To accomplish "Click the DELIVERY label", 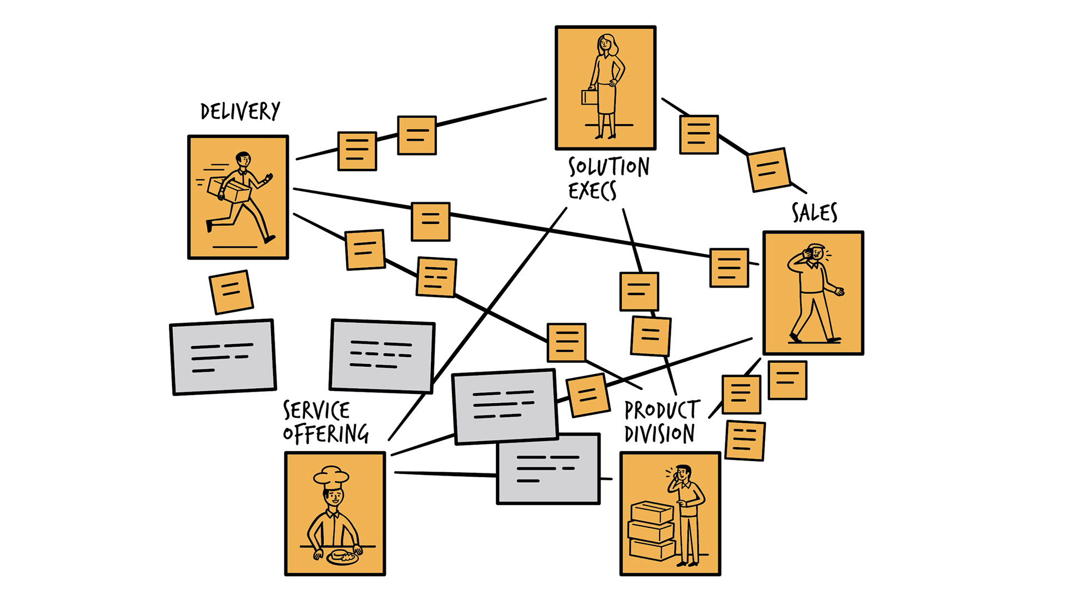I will [x=240, y=112].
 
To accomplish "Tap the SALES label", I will [x=814, y=213].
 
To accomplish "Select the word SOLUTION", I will [x=609, y=167].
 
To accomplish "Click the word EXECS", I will [x=592, y=191].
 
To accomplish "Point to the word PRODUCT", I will [x=662, y=411].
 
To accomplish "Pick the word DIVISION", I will [x=660, y=434].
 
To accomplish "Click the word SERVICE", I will [x=316, y=411].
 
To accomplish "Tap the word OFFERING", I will [x=326, y=434].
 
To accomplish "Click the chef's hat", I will [x=331, y=477].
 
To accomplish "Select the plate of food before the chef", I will [x=342, y=557].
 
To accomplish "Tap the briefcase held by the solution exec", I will [x=589, y=98].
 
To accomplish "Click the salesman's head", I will [x=816, y=252].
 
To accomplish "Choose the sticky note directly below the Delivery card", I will [x=231, y=292].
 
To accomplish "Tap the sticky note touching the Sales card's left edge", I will [x=729, y=268].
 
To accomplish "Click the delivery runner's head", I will [x=243, y=160].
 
